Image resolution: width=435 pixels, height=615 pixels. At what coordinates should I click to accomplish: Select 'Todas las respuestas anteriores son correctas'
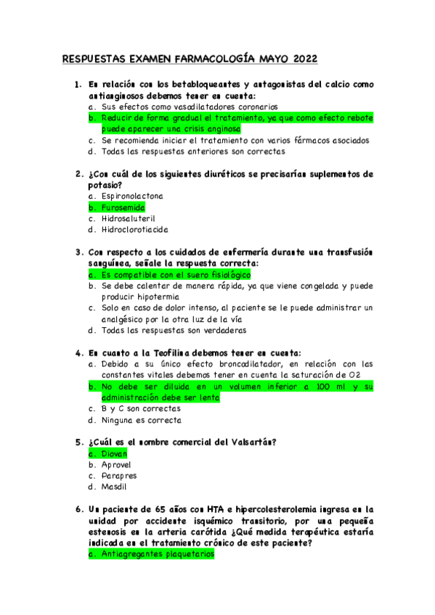coord(192,152)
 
